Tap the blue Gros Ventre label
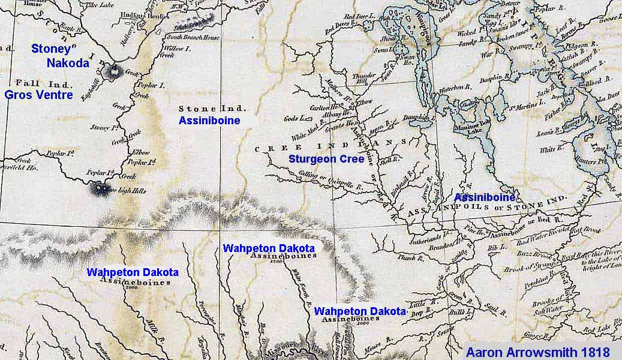[39, 95]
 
